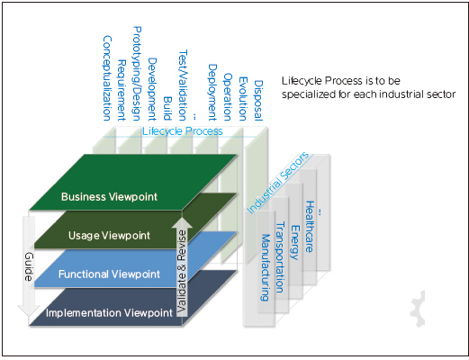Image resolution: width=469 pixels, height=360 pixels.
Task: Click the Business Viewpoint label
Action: point(109,197)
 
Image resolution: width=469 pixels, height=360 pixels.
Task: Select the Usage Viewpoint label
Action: point(109,236)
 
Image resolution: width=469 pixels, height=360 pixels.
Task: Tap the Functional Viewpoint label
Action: point(109,274)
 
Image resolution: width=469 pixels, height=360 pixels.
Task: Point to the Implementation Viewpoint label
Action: point(109,313)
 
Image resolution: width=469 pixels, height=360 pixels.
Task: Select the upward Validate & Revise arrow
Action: point(182,267)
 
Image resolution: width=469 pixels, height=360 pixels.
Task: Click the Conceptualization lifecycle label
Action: point(107,78)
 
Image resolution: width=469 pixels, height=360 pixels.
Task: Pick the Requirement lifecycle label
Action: point(122,90)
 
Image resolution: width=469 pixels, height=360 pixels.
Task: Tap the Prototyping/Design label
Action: point(137,74)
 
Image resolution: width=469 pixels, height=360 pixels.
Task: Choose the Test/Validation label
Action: point(183,85)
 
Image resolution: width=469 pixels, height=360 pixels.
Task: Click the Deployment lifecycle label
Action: point(212,93)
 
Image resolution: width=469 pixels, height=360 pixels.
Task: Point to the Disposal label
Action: point(258,101)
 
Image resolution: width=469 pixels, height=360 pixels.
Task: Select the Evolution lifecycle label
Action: point(243,99)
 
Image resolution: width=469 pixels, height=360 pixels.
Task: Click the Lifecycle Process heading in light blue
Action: point(183,131)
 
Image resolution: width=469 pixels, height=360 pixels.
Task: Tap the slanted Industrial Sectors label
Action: point(277,183)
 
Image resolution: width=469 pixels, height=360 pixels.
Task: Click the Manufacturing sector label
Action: point(266,267)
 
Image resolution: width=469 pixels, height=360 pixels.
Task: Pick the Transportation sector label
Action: point(280,257)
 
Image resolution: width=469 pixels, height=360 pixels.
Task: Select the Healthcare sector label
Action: point(310,227)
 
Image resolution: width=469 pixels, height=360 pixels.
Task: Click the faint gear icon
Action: point(418,309)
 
